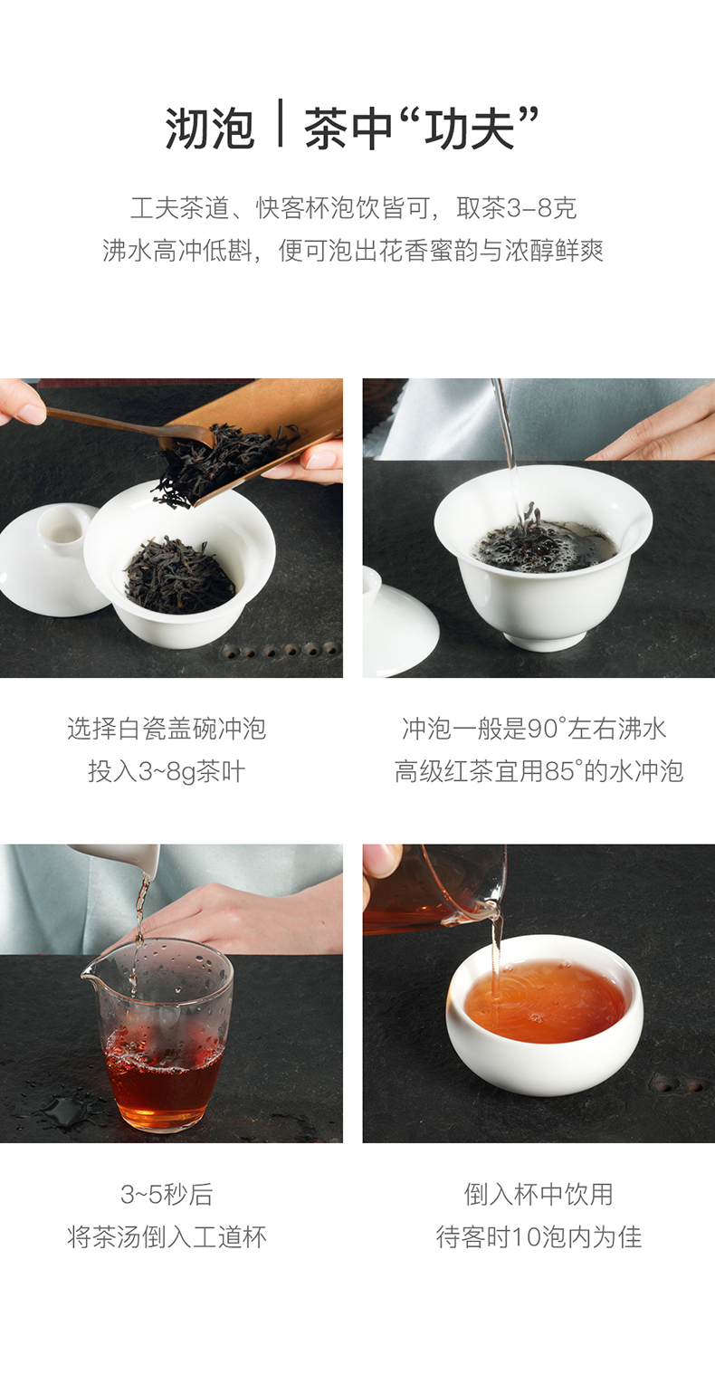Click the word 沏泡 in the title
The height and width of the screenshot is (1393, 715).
click(x=210, y=129)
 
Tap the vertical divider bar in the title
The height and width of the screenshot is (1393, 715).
click(x=281, y=123)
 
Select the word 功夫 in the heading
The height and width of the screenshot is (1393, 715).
click(x=470, y=129)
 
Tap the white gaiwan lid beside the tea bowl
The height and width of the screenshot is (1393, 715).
click(x=50, y=559)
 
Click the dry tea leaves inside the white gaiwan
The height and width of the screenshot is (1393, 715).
click(x=180, y=576)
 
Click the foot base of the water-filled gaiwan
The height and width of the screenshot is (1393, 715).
click(x=544, y=641)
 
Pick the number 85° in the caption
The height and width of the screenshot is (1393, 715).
click(x=563, y=772)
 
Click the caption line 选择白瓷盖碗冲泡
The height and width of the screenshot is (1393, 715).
click(x=167, y=729)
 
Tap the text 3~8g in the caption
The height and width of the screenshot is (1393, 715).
click(x=167, y=772)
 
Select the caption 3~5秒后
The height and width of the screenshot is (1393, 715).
click(x=167, y=1195)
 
